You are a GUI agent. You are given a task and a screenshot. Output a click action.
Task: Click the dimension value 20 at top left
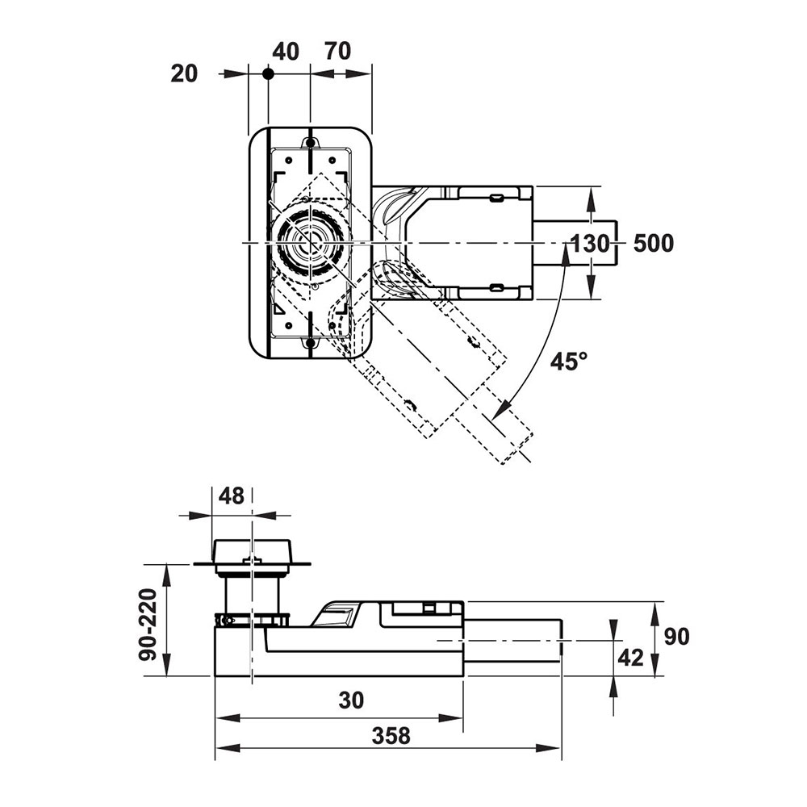coord(184,73)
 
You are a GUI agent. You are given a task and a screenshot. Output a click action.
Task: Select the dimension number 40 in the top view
coord(286,52)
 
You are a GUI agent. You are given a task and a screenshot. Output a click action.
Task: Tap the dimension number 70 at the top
coord(337,52)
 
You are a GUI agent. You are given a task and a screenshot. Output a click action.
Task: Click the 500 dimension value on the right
coord(653,243)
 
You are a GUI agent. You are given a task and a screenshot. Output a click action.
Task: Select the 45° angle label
coord(570,362)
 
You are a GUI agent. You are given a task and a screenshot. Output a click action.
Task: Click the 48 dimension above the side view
coord(232,496)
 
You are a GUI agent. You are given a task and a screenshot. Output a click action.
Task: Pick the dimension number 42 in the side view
coord(629,658)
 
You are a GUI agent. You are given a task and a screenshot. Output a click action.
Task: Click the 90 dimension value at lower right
coord(677,637)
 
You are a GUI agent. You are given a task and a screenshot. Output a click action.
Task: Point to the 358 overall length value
coord(391,735)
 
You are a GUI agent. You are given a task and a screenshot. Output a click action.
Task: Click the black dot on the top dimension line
coord(268,73)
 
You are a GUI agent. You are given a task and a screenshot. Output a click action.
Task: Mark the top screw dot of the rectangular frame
coord(310,143)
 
